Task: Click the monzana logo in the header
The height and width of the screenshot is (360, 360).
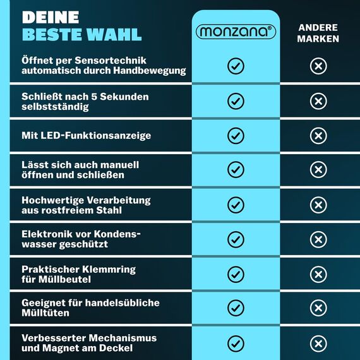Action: click(236, 32)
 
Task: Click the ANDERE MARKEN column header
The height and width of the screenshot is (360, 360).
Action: click(318, 33)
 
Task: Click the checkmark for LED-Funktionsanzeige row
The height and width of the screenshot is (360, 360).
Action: click(236, 136)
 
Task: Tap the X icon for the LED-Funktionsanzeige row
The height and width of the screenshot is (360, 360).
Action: click(318, 136)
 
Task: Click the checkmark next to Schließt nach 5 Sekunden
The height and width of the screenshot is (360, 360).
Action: click(236, 101)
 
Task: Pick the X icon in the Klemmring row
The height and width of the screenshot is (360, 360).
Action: click(318, 274)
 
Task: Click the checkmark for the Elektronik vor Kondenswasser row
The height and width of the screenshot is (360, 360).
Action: click(236, 239)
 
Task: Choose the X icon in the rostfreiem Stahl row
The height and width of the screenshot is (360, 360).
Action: click(318, 205)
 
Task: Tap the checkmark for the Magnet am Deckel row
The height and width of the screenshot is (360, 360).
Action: click(236, 343)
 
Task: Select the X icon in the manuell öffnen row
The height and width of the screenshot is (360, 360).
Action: click(318, 170)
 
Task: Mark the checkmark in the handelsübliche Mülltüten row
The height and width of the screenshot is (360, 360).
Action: click(236, 308)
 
